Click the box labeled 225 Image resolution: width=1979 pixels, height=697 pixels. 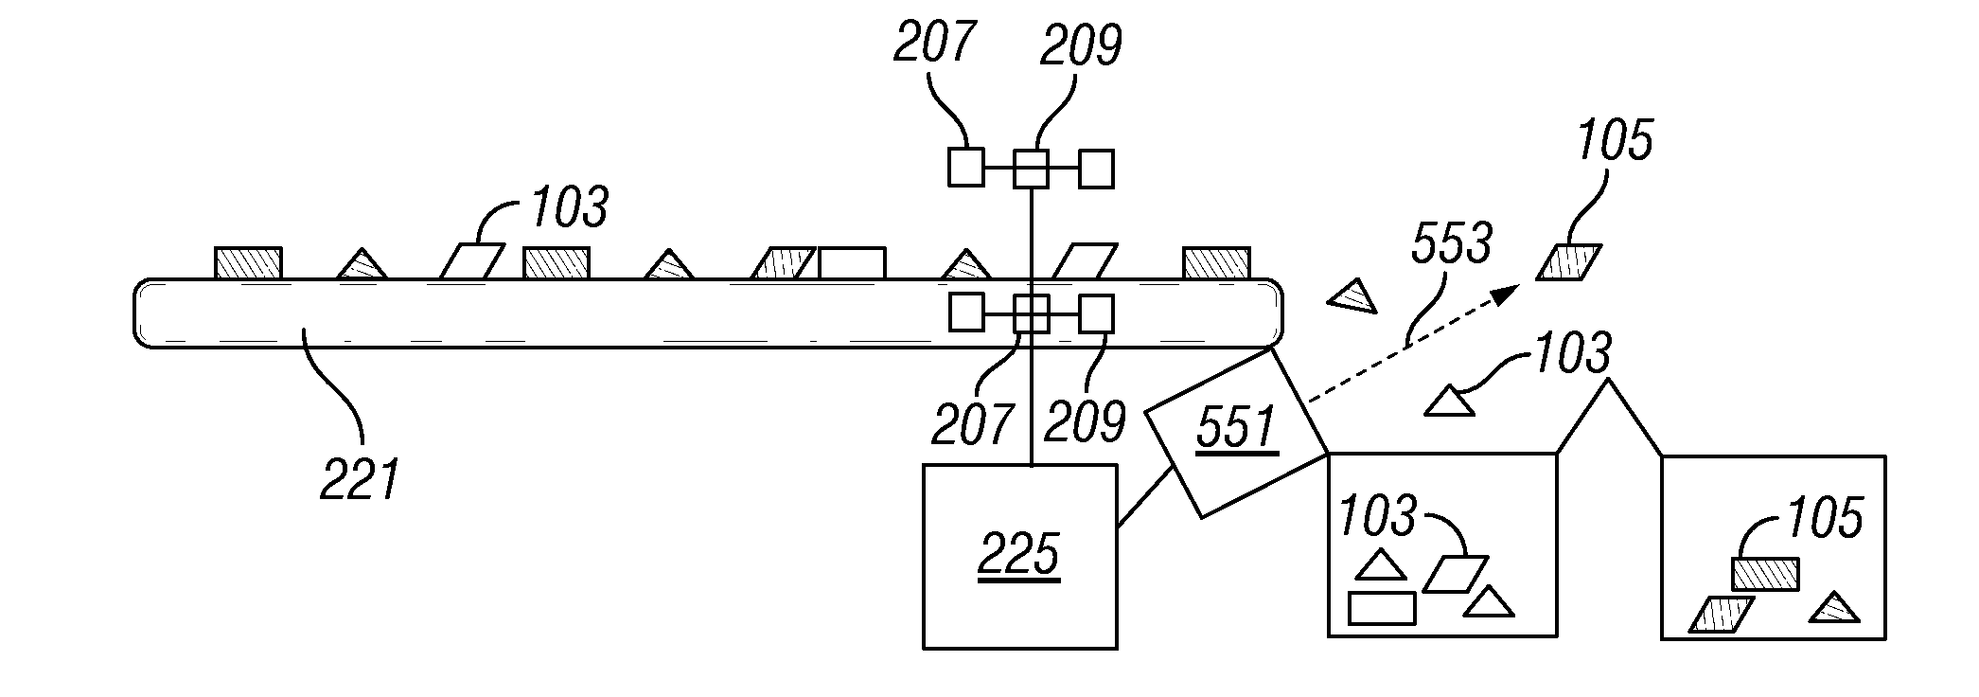coord(1019,556)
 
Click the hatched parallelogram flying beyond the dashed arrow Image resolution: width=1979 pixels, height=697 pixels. coord(1568,262)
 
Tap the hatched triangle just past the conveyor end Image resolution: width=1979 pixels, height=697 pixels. coord(1352,296)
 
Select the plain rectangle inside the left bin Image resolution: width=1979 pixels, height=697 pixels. coord(1381,608)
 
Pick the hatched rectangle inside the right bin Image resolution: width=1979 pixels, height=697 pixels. coord(1765,574)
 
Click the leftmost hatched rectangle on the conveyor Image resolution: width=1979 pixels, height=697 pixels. coord(248,263)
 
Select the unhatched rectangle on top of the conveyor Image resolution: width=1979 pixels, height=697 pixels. coord(852,263)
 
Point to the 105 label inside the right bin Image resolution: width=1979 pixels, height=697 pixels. coord(1824,518)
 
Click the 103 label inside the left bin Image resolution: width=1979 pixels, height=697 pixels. coord(1377,516)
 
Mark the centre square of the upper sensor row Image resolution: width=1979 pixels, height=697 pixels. coord(1031,169)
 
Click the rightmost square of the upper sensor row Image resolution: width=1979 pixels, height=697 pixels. coord(1096,169)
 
